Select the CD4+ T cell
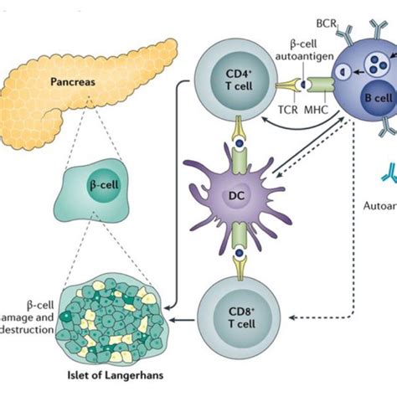coord(233,93)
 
